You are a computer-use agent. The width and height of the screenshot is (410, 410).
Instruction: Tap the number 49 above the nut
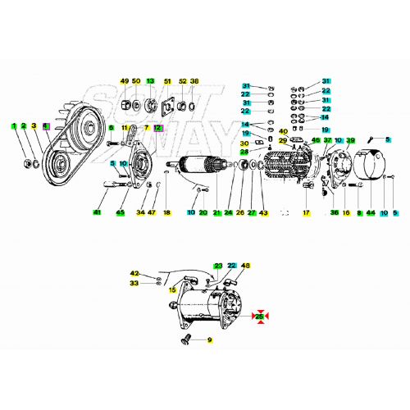click(x=125, y=81)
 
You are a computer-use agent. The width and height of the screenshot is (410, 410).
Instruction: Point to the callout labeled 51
click(x=168, y=81)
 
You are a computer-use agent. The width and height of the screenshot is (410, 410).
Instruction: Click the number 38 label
click(x=194, y=81)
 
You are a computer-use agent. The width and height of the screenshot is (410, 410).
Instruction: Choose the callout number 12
click(x=159, y=128)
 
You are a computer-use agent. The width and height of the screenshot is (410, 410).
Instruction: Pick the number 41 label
click(x=97, y=213)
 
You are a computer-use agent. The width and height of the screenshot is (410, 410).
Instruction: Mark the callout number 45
click(x=121, y=213)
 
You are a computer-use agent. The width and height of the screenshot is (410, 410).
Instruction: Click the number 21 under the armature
click(x=216, y=213)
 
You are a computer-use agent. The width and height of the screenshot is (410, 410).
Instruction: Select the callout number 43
click(x=263, y=213)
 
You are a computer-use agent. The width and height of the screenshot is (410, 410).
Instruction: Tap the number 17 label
click(x=306, y=213)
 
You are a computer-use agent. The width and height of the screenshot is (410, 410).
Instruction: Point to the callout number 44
click(x=371, y=213)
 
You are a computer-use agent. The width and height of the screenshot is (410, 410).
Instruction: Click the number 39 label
click(x=350, y=141)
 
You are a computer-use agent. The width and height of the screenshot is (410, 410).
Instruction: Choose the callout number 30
click(x=244, y=143)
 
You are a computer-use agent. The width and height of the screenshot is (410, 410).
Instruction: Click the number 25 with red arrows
click(x=260, y=316)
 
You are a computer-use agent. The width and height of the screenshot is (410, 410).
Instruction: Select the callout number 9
click(x=210, y=339)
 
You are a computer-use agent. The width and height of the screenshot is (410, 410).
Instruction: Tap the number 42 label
click(x=134, y=272)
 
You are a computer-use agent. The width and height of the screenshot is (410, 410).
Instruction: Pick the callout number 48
click(x=245, y=266)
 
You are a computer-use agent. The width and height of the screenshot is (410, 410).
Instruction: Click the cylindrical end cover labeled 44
click(x=373, y=165)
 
